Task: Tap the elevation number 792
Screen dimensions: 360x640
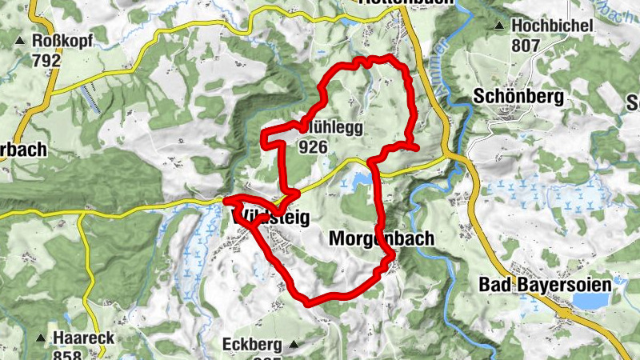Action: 46,59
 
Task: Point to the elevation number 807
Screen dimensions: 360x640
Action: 526,46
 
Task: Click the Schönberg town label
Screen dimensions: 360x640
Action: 518,97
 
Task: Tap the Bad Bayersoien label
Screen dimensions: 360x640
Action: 555,284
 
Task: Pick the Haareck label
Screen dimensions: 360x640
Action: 80,338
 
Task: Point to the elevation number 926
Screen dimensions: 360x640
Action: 313,146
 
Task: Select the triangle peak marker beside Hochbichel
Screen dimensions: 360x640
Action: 499,26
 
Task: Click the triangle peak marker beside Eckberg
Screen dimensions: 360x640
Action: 294,345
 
